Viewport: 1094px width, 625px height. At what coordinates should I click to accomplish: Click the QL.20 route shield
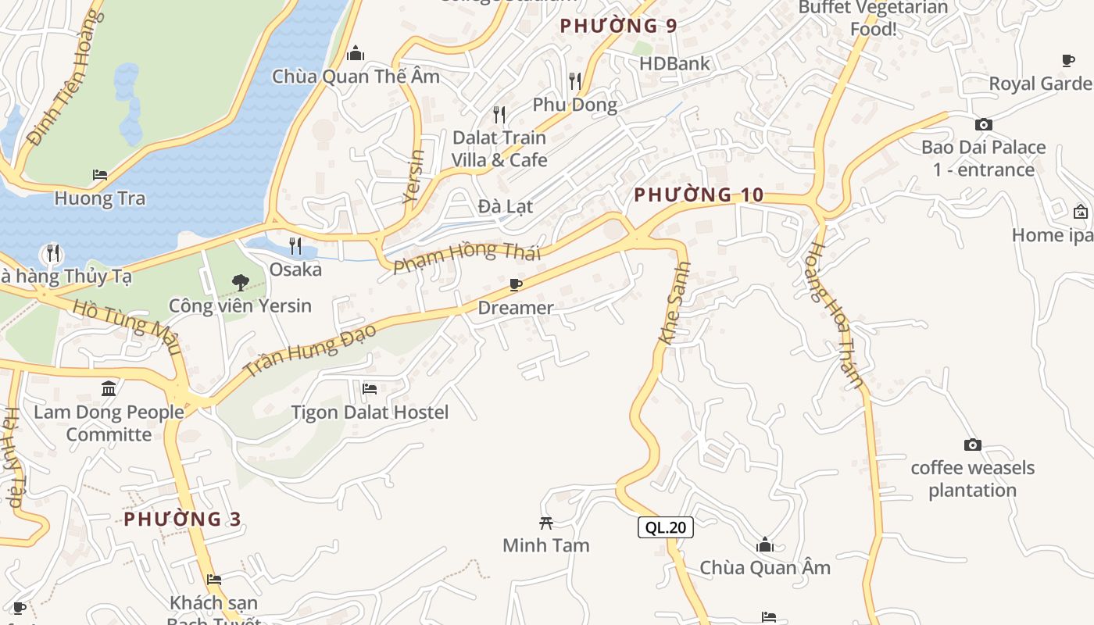point(666,527)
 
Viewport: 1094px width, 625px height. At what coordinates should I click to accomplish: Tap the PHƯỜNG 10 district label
point(698,195)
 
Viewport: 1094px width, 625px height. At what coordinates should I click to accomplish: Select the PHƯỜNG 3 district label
point(182,519)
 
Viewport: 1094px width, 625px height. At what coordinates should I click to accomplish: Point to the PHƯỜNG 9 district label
point(618,26)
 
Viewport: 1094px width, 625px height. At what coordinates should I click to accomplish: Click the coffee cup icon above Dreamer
point(515,284)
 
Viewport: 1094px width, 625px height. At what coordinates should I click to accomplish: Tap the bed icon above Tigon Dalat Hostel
point(370,388)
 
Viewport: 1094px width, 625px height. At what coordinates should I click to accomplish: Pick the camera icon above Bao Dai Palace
point(983,124)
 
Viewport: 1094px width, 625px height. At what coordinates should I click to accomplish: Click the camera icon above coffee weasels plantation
point(972,445)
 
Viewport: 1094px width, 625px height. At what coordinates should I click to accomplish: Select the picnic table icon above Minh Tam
point(546,523)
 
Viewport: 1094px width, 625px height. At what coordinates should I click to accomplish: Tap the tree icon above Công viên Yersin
point(240,282)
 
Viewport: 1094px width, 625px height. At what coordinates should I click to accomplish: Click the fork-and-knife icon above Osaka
point(295,245)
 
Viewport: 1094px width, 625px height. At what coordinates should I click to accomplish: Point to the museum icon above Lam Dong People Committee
point(109,388)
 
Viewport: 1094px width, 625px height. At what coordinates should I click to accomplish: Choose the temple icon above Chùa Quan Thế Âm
point(356,53)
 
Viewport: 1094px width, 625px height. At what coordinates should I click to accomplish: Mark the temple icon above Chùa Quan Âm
point(764,545)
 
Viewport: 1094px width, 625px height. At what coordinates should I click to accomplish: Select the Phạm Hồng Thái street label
point(467,256)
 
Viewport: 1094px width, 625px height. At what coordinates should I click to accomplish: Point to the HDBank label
point(674,63)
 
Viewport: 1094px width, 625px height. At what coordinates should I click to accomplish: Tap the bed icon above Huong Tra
point(99,174)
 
